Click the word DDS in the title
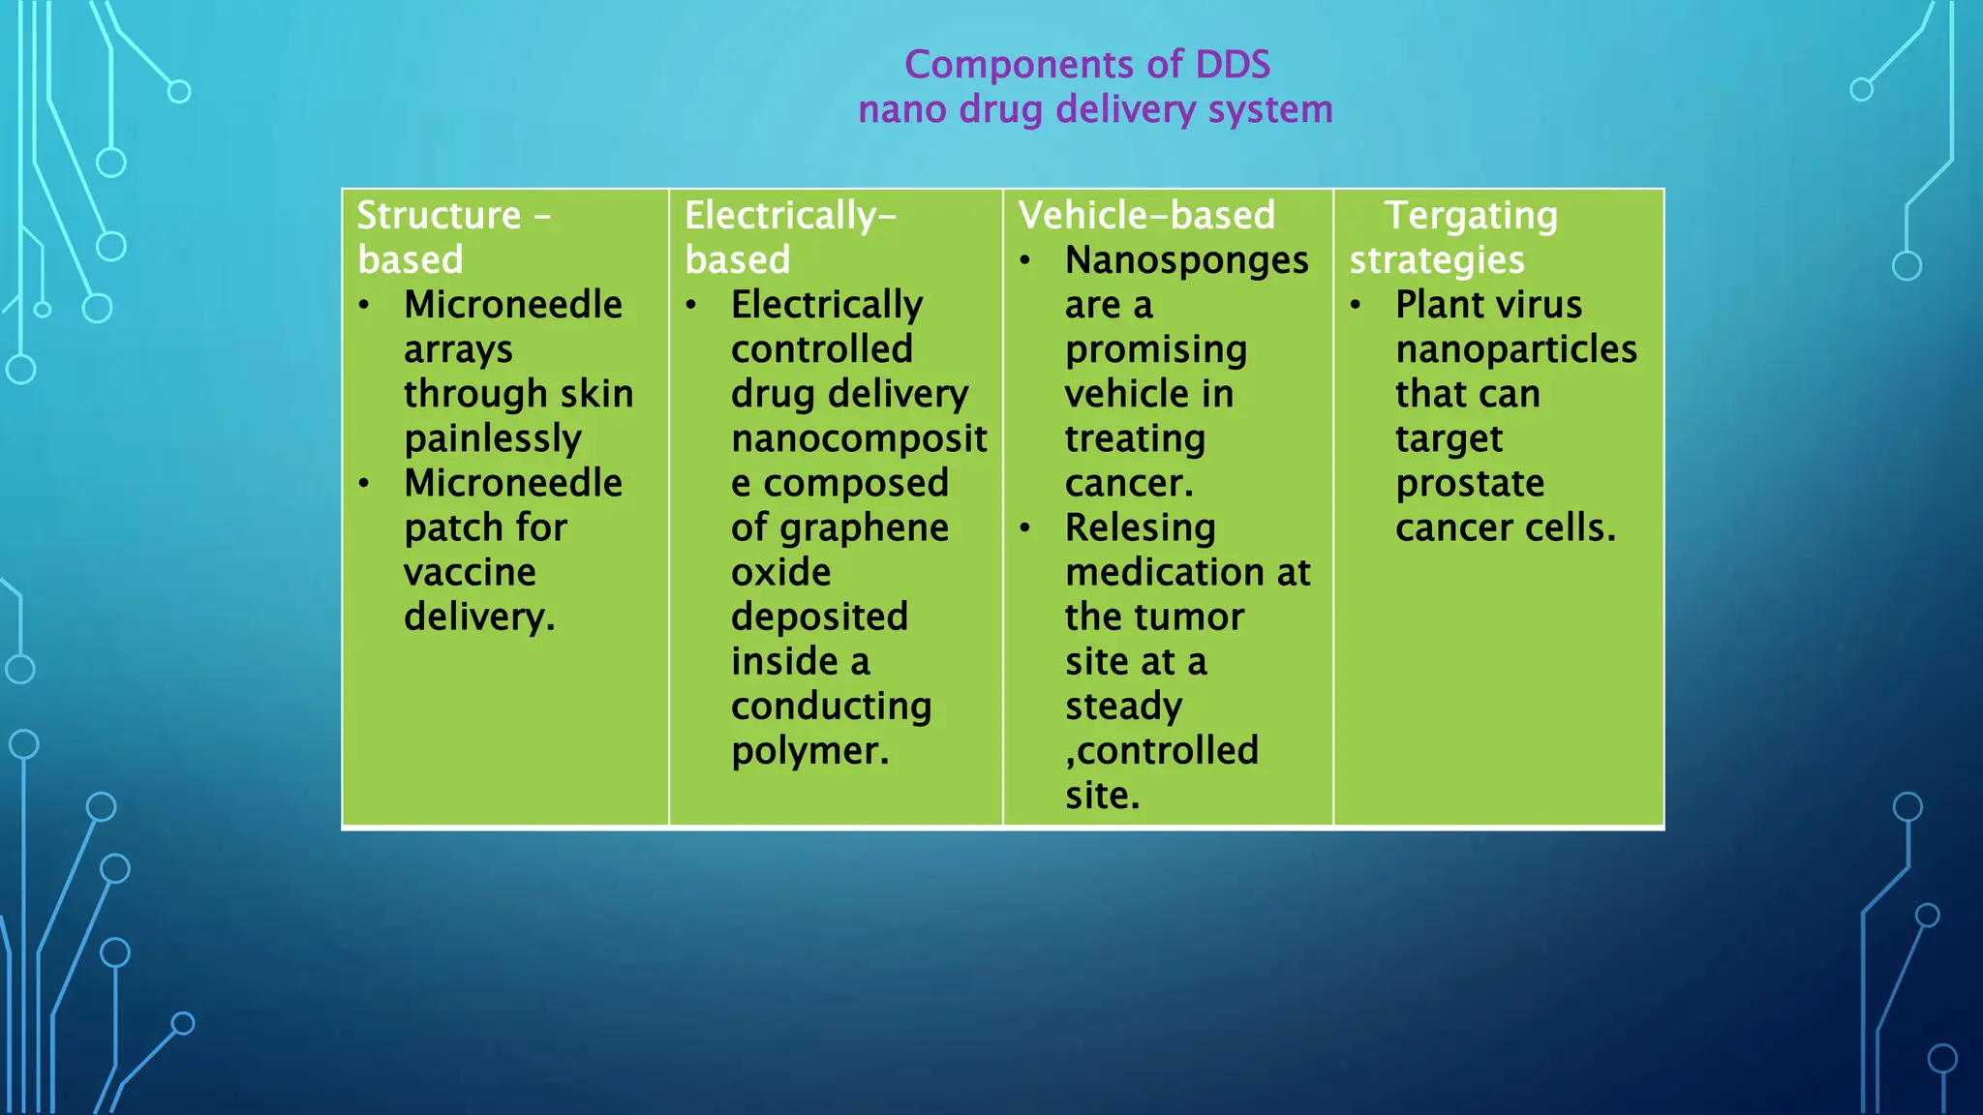[1233, 65]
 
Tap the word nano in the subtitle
[901, 109]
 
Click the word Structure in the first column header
[439, 215]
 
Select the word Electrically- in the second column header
[790, 215]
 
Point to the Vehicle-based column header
[1146, 215]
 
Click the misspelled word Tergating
[1471, 216]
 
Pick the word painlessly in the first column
[493, 439]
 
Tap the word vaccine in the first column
[470, 572]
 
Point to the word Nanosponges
[1186, 260]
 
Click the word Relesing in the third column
[1140, 528]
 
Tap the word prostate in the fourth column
[1470, 484]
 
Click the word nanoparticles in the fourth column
[1516, 349]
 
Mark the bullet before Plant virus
[1356, 306]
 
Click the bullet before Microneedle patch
[364, 484]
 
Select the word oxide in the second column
[780, 572]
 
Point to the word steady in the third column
[1123, 707]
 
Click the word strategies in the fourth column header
[1437, 260]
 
